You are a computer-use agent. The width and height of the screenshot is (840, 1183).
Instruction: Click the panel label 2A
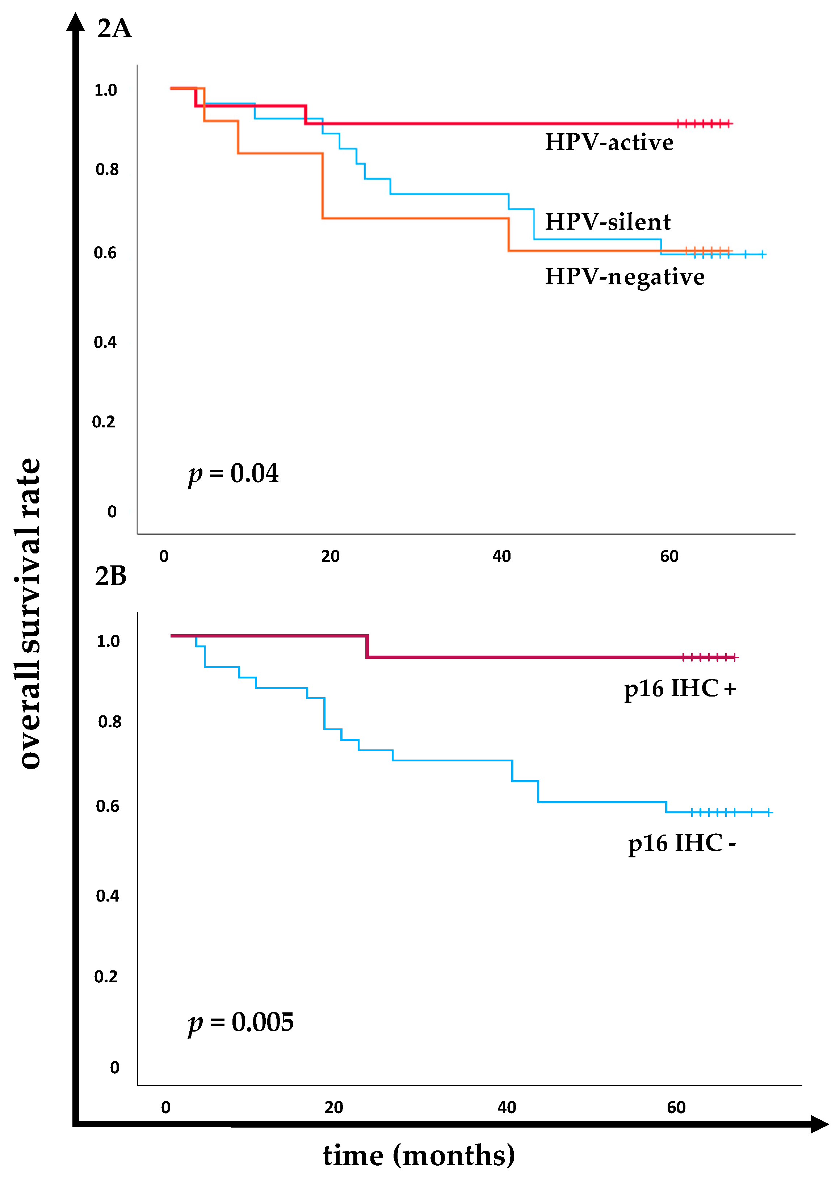click(x=114, y=29)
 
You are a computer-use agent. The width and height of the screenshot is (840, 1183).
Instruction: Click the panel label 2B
click(x=111, y=576)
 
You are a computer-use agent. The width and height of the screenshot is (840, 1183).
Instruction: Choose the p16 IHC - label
click(x=681, y=843)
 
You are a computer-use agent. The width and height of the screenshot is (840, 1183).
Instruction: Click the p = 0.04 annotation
click(x=233, y=473)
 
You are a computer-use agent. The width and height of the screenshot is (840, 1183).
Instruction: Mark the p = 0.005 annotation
click(x=240, y=1022)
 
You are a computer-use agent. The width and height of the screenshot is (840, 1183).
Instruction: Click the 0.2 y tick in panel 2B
click(x=106, y=977)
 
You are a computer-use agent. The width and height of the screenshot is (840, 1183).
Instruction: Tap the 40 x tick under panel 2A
click(x=501, y=556)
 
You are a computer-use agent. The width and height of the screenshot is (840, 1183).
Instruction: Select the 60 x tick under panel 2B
click(x=676, y=1107)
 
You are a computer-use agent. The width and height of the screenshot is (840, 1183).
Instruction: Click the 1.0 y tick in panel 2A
click(x=105, y=90)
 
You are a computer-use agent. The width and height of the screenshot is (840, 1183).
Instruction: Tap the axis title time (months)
click(x=419, y=1155)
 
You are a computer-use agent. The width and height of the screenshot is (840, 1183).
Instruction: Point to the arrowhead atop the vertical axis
click(x=76, y=22)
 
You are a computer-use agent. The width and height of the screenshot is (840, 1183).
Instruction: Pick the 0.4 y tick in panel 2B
click(x=108, y=896)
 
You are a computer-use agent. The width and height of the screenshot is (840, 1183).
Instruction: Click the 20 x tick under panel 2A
click(x=330, y=556)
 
